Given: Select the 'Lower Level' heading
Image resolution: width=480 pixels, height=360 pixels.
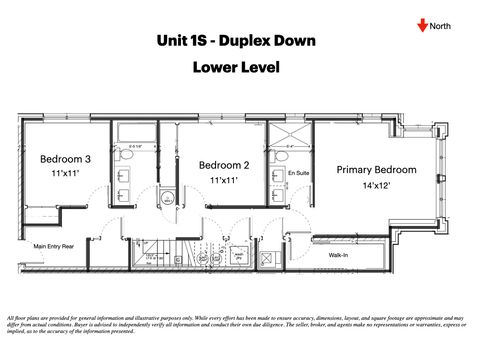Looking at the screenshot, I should click(x=236, y=67).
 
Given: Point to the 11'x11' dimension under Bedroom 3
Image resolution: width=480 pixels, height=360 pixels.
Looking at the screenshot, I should click(x=65, y=174).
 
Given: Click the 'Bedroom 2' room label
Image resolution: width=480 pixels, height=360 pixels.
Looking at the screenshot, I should click(x=224, y=165).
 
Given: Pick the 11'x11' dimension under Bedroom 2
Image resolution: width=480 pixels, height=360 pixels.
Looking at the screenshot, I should click(x=224, y=180).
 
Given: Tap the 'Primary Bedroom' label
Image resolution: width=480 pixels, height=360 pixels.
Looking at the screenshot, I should click(x=376, y=170).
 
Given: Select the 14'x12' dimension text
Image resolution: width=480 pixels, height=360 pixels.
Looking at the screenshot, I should click(x=376, y=186).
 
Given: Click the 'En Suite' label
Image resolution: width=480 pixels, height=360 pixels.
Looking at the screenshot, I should click(x=298, y=174).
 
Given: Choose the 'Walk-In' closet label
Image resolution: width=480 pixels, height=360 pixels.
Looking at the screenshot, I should click(x=338, y=255).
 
